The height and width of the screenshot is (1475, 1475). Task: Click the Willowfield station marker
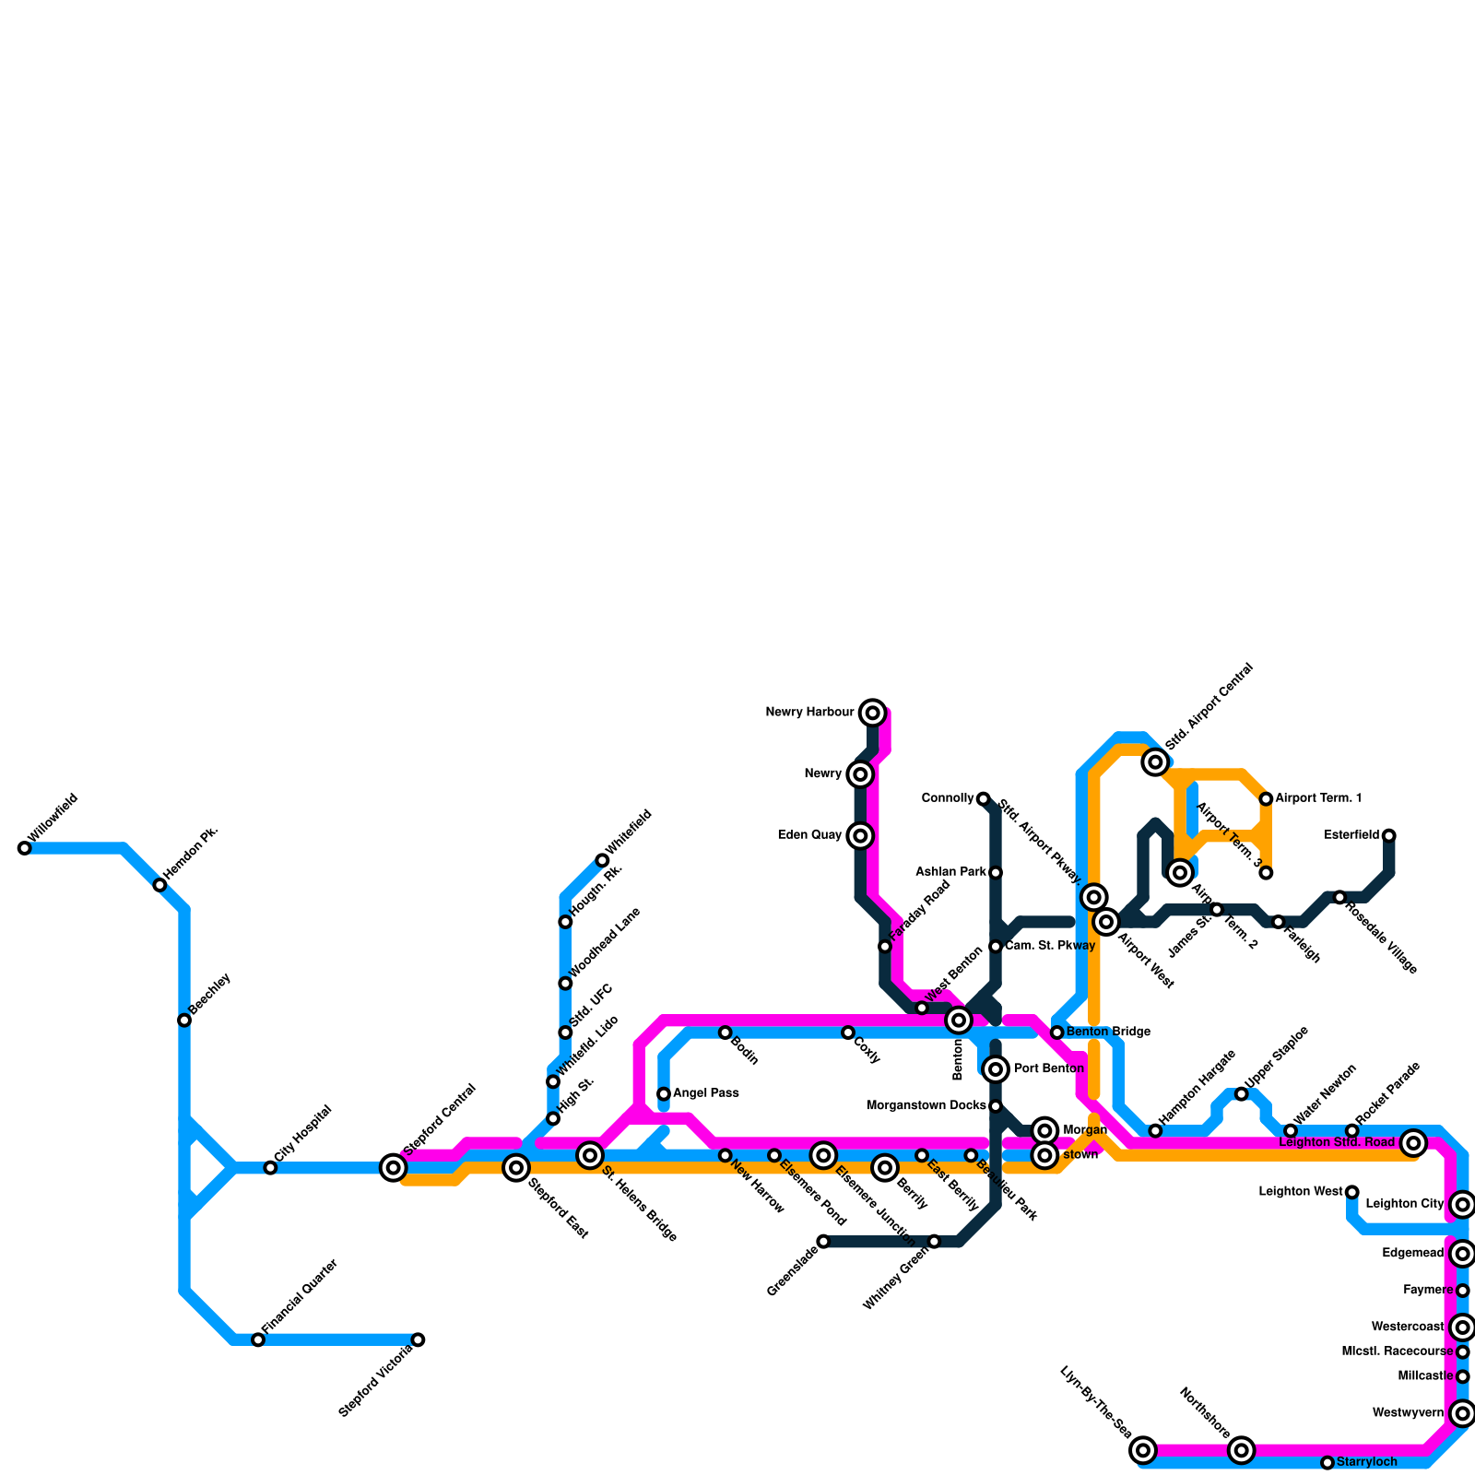[24, 848]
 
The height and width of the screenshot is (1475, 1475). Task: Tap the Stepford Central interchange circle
[394, 1168]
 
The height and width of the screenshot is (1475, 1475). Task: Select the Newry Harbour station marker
[872, 713]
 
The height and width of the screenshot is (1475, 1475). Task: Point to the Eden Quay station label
[809, 836]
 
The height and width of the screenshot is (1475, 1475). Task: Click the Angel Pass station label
[705, 1093]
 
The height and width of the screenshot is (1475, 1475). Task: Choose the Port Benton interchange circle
[995, 1069]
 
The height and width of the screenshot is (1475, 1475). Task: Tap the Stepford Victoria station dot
[418, 1339]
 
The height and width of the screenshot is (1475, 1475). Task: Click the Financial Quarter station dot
[258, 1339]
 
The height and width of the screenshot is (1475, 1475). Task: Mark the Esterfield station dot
[1388, 835]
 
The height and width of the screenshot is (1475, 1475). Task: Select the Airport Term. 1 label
[1318, 798]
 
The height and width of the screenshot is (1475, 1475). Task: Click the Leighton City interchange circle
[1462, 1204]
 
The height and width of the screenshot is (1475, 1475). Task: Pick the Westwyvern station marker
[1462, 1413]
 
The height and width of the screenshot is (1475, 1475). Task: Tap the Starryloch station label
[1366, 1462]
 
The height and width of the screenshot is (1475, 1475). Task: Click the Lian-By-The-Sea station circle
[1143, 1450]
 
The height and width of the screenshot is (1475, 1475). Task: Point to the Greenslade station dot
[823, 1242]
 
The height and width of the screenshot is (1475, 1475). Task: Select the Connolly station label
[948, 798]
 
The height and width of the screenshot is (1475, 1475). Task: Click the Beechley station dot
[184, 1020]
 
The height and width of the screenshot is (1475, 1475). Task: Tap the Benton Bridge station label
[1108, 1032]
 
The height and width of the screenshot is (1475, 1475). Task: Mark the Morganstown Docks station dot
[996, 1106]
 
